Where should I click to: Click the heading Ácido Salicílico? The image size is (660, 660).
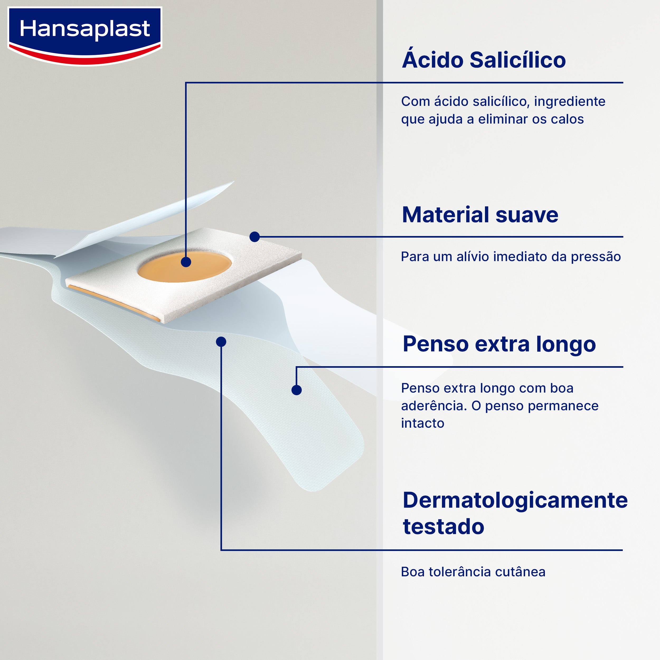coord(484,60)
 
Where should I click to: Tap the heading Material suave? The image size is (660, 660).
coord(480,215)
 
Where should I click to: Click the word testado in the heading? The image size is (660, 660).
coord(444,527)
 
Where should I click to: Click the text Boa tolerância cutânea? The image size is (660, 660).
coord(473,572)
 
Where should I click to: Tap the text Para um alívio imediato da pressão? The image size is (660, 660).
coord(511,257)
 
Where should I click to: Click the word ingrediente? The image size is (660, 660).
coord(569,101)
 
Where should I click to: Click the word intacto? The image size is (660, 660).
coord(423,423)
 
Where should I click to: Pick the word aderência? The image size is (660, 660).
coord(434,406)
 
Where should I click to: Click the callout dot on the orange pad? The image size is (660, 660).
coord(186,262)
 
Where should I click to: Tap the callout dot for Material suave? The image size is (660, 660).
coord(254,237)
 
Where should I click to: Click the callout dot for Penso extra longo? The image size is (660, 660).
coord(296,390)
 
